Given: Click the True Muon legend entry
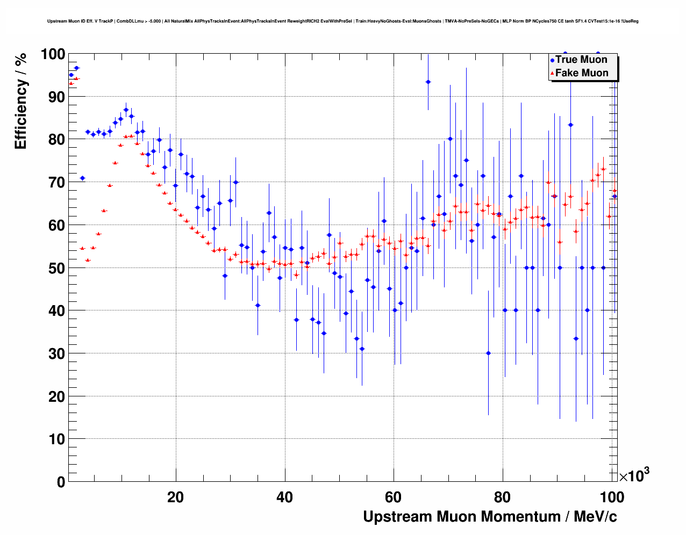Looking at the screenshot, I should (581, 60).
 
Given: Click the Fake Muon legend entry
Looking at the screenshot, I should (582, 73).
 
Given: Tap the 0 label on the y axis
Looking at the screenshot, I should (61, 482).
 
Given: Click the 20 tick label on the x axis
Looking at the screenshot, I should (175, 497).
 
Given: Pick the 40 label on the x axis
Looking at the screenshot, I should (284, 497).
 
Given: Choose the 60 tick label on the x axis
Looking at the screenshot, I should (394, 497).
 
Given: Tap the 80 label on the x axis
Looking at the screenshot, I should (503, 497).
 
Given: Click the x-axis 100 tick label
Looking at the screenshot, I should (612, 497).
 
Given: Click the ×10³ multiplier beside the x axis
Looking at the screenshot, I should (634, 475).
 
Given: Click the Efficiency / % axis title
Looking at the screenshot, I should (21, 102).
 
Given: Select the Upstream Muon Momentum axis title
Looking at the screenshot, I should (490, 517).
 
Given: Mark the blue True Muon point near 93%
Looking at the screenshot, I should (428, 82).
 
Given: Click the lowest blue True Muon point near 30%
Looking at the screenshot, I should (488, 353).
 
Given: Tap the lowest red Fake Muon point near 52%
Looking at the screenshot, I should (88, 260).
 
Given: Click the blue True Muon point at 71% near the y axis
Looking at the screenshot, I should (82, 178).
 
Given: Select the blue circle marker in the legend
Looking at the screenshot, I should (552, 60).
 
